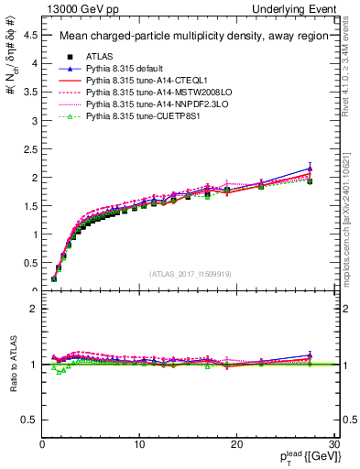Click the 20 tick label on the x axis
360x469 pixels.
[236, 444]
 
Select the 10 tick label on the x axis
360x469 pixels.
[139, 444]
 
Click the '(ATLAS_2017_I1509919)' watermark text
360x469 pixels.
[191, 273]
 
